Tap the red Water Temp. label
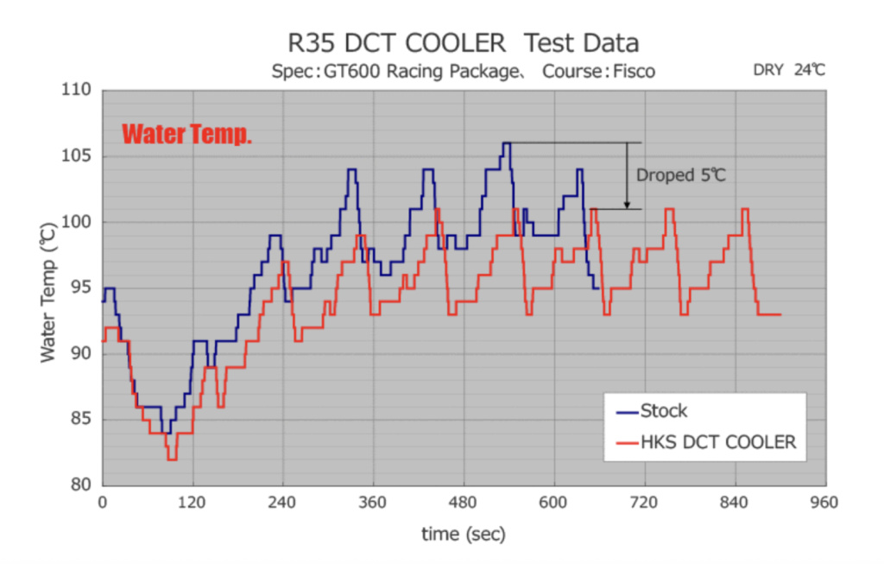point(186,135)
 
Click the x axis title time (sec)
point(464,535)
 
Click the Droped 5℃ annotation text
point(681,175)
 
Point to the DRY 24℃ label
point(789,70)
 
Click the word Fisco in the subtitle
point(634,71)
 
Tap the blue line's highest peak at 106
point(507,143)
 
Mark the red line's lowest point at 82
point(172,459)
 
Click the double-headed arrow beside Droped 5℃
point(627,175)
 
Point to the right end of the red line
point(780,314)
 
